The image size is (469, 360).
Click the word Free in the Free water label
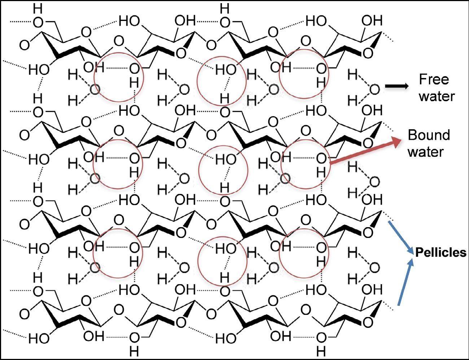[x=434, y=79]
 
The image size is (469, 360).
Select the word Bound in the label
[x=429, y=135]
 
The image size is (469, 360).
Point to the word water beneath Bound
[x=426, y=152]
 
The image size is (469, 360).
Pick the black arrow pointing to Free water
[x=397, y=86]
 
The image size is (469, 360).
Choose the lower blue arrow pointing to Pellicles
[x=406, y=282]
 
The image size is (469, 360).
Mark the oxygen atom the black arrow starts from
[x=375, y=90]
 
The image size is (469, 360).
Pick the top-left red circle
[x=94, y=77]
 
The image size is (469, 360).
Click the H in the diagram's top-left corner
[x=38, y=9]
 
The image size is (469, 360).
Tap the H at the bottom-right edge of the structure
[x=321, y=351]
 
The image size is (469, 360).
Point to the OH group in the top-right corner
[x=372, y=21]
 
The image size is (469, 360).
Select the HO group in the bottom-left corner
[x=39, y=338]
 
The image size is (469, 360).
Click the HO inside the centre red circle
[x=226, y=159]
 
